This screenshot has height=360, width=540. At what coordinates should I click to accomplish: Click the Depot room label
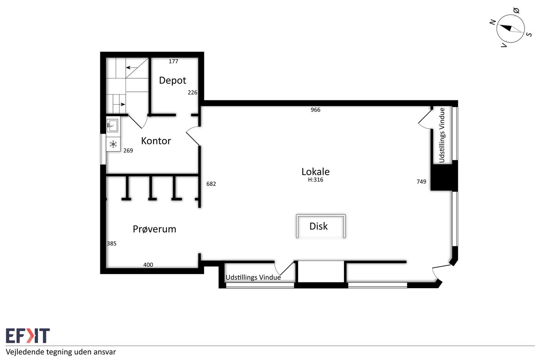tap(172, 80)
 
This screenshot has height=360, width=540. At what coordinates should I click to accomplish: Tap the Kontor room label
tap(156, 141)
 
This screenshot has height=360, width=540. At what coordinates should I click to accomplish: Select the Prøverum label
tap(154, 229)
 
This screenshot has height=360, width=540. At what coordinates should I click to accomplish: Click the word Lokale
tap(316, 172)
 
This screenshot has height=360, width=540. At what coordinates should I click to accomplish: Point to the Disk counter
tap(321, 226)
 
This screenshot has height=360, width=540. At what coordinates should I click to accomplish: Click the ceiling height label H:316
tap(316, 180)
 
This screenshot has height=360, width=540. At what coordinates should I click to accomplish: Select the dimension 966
tap(316, 110)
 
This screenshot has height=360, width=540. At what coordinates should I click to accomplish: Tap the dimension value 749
tap(421, 182)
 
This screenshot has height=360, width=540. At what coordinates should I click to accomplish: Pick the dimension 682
tap(211, 184)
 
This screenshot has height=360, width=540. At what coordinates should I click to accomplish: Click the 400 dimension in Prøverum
tap(148, 265)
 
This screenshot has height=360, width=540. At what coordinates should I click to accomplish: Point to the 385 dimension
tap(111, 243)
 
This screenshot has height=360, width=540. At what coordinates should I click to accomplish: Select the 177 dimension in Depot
tap(173, 61)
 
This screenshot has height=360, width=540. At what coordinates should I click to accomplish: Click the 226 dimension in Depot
tap(192, 93)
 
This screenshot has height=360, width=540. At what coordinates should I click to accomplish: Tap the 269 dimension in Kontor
tap(128, 151)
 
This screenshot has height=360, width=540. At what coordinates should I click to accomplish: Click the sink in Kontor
tap(112, 125)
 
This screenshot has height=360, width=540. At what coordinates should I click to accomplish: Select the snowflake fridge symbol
tap(113, 144)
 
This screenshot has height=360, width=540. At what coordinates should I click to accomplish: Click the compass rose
tap(510, 29)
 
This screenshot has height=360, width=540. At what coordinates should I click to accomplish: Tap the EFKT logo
tap(28, 335)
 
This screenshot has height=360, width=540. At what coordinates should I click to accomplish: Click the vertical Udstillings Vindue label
tap(442, 135)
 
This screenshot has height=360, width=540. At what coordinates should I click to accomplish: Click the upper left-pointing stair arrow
tap(132, 68)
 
